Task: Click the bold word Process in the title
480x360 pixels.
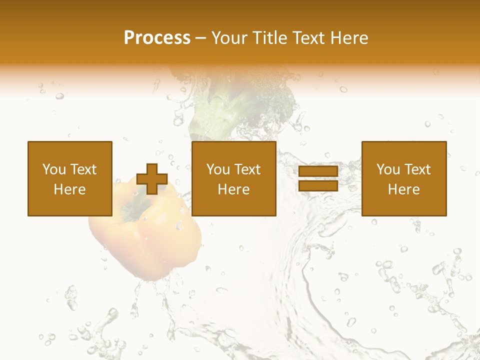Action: (157, 38)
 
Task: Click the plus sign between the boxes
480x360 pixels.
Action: (151, 179)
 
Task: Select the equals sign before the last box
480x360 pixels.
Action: (318, 179)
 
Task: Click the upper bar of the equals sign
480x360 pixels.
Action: (318, 172)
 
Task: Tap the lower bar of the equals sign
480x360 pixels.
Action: (318, 185)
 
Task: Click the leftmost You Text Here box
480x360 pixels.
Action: (69, 178)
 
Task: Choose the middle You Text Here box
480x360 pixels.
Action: (233, 178)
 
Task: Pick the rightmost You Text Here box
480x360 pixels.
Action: (403, 178)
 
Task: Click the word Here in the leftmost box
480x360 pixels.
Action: (69, 189)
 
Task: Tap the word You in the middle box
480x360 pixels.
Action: (218, 169)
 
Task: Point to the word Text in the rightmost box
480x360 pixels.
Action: (417, 169)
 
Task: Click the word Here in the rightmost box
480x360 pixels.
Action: (403, 189)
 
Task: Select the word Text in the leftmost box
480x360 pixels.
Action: (83, 169)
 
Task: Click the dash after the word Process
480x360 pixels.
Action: (201, 38)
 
